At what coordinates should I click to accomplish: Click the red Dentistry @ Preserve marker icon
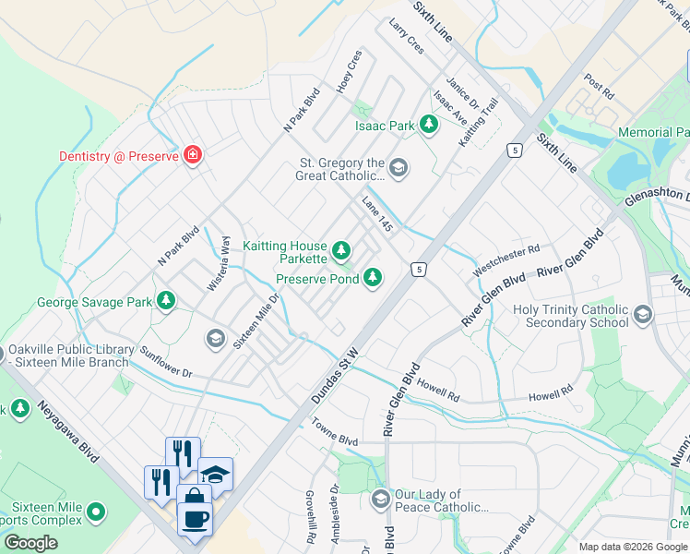193,154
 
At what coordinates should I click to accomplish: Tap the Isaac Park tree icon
428,124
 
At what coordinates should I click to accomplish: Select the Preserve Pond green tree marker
373,277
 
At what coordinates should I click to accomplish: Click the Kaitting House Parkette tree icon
341,249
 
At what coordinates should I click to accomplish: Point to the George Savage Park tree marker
166,300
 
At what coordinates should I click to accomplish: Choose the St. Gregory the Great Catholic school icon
398,167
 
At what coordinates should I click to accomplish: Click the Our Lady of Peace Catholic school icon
379,500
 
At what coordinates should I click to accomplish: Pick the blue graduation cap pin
215,475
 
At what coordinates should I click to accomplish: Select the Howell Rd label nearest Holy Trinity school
551,395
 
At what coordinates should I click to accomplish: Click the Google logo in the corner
30,543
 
